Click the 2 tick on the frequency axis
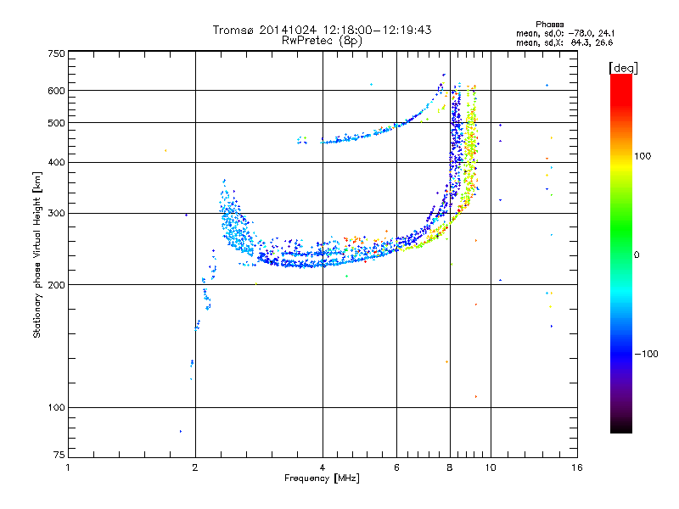click(195, 467)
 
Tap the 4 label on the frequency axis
click(323, 467)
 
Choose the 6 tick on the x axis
click(397, 467)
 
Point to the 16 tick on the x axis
click(576, 467)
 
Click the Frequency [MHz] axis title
click(322, 478)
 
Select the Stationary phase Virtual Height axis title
click(37, 254)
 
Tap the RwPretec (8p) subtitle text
click(322, 40)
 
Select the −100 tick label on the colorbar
click(646, 354)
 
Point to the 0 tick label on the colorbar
click(637, 255)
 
